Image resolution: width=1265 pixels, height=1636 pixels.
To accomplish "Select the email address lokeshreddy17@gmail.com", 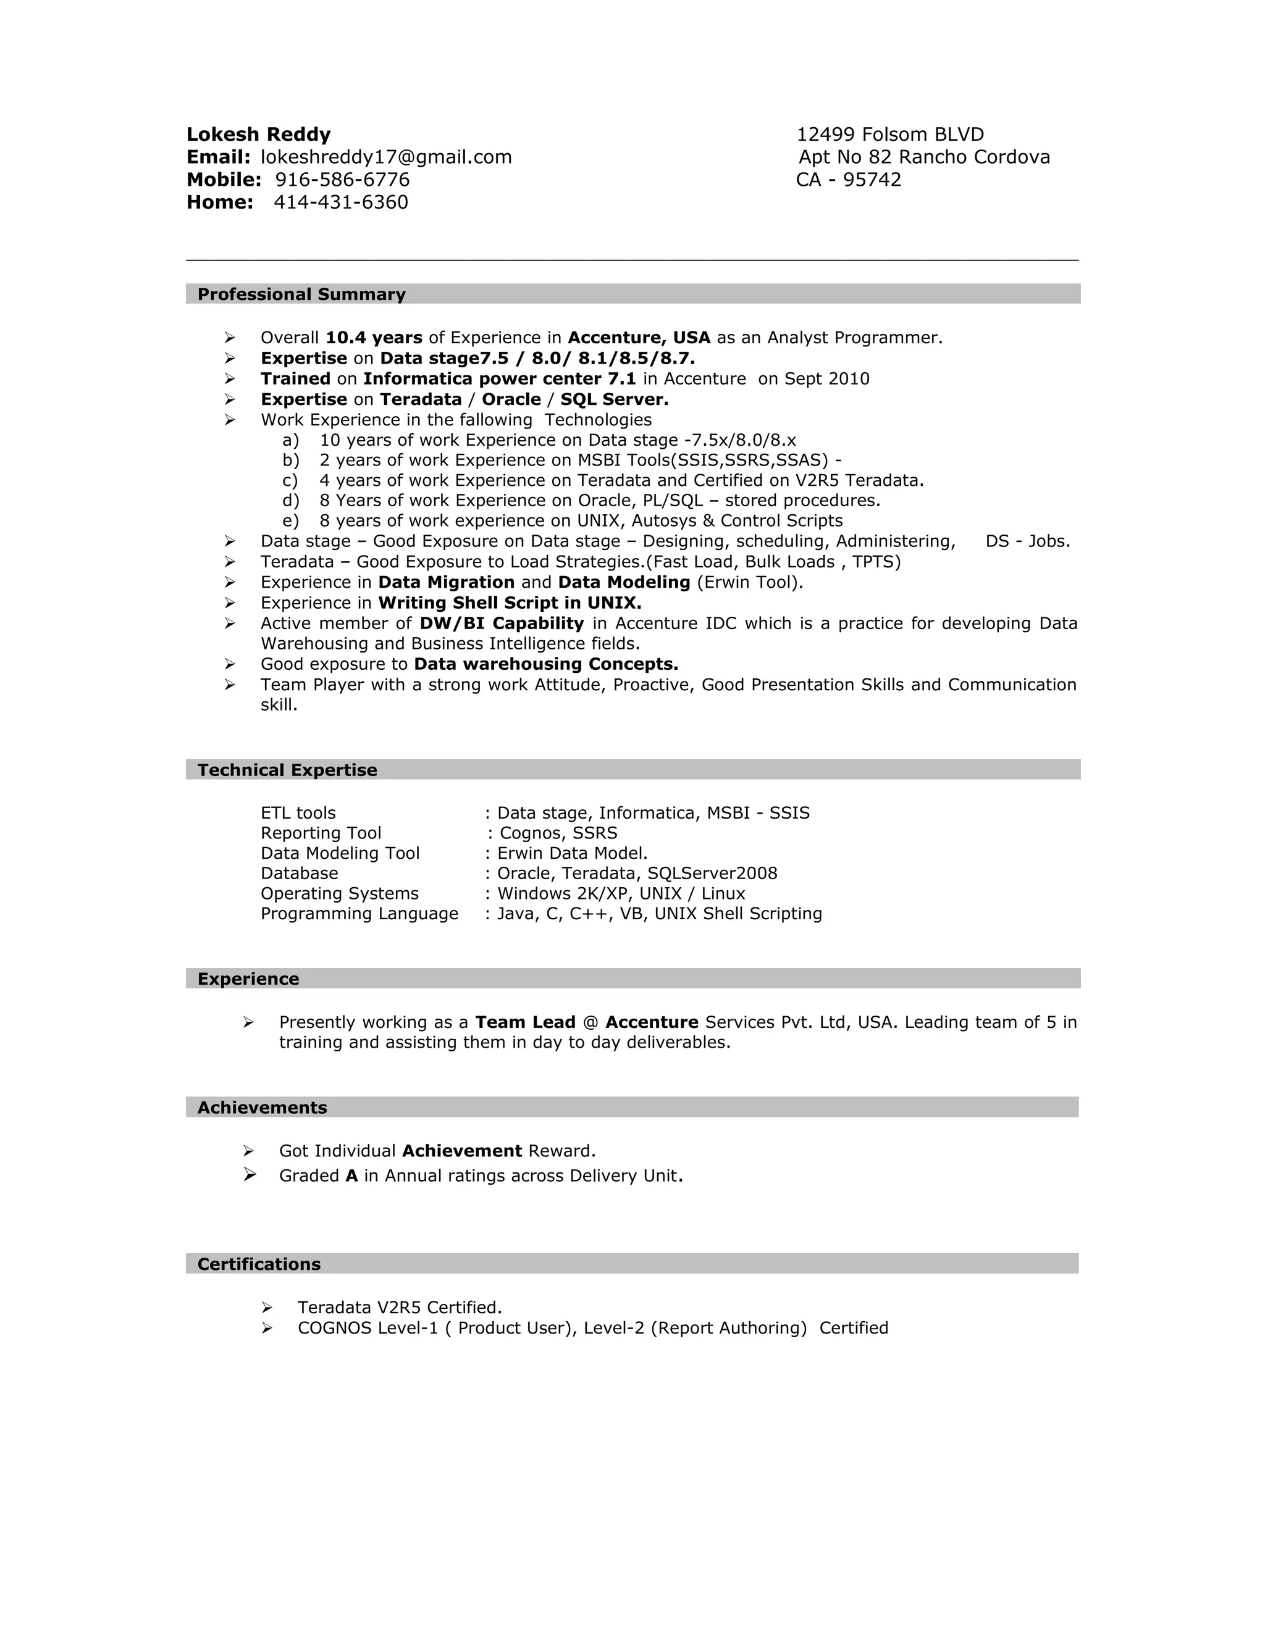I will click(386, 157).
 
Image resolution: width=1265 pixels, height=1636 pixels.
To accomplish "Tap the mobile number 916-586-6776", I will click(342, 180).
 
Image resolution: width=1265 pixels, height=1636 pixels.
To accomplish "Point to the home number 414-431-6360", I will click(340, 202).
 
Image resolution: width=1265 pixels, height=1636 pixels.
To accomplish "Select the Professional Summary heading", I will click(301, 294).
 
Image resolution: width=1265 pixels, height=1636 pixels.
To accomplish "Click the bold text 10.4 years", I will click(374, 338).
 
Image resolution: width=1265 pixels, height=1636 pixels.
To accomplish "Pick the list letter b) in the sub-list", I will click(290, 460).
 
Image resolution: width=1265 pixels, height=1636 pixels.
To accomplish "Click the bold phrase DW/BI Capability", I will click(502, 624).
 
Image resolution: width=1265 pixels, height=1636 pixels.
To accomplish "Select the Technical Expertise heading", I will click(287, 770).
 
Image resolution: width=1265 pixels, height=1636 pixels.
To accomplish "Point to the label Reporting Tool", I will click(321, 833).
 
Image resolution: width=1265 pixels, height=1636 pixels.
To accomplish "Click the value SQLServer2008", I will click(712, 874).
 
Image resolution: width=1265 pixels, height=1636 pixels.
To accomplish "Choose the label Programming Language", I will click(359, 914).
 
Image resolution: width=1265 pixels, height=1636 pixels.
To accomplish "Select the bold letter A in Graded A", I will click(351, 1176).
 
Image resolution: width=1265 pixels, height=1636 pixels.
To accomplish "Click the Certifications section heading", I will click(259, 1264).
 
